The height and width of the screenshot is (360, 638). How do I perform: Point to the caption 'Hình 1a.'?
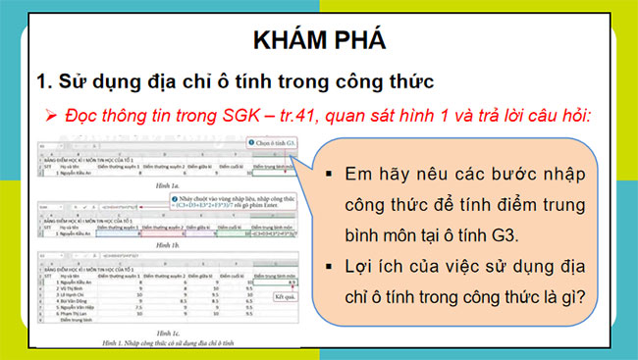click(166, 183)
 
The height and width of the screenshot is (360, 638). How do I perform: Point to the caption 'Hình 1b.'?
click(166, 241)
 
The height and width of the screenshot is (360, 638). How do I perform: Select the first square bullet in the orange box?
click(329, 176)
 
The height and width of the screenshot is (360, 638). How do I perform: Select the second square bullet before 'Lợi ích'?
click(329, 270)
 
